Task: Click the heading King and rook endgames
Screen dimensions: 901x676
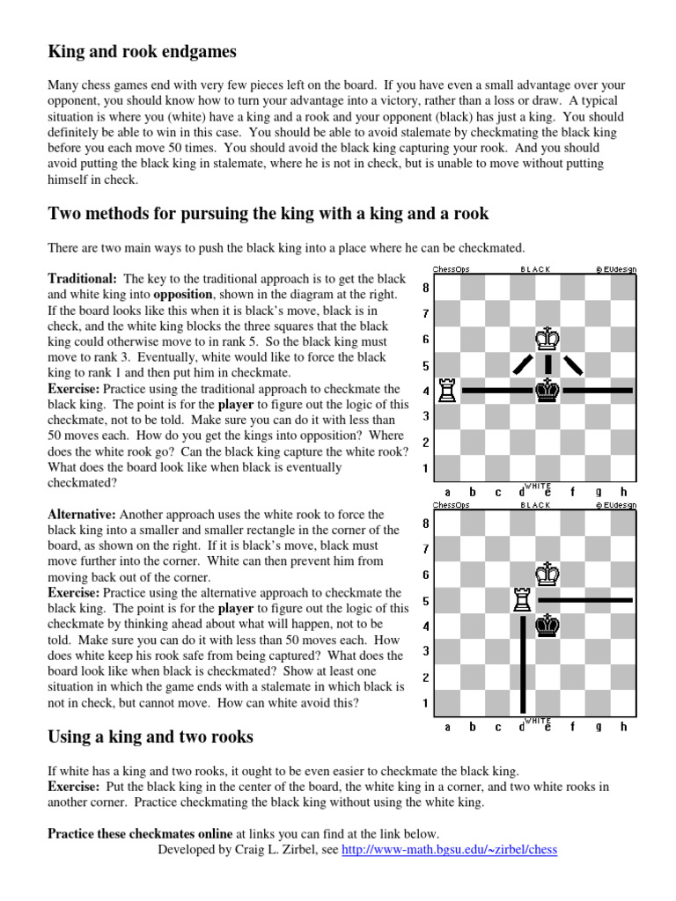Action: [142, 52]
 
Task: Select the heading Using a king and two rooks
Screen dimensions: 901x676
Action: [151, 736]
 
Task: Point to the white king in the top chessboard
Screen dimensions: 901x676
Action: [548, 338]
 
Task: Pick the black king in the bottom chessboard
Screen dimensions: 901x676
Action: [548, 625]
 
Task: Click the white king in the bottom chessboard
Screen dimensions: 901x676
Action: [548, 574]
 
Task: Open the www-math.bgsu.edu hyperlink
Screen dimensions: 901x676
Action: [449, 850]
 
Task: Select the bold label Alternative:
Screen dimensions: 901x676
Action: [81, 514]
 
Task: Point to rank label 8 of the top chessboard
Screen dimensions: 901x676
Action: [426, 288]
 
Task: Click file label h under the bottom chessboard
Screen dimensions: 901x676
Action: [624, 727]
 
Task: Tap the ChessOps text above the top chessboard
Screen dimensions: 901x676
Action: [451, 269]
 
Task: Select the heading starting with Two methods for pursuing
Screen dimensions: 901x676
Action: [268, 214]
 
